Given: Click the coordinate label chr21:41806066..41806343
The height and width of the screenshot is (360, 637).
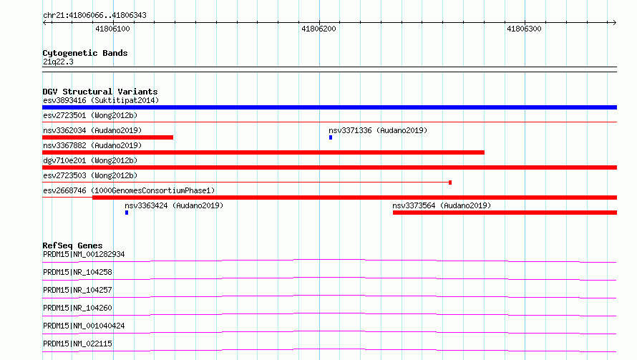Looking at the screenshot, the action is click(x=94, y=16).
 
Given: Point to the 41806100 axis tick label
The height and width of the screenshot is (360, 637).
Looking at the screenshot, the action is click(x=112, y=29).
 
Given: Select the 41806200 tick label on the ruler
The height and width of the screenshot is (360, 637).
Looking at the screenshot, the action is click(x=318, y=29).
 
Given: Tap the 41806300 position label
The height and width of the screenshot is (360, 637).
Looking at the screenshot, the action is click(x=524, y=29).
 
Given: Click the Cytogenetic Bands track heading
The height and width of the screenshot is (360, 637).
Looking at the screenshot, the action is click(x=85, y=53).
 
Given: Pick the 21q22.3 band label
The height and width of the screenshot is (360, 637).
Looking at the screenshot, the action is click(x=58, y=62).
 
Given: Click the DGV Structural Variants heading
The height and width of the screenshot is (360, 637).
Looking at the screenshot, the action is click(x=100, y=92).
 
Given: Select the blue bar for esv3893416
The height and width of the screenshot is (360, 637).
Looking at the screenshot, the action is click(x=329, y=107).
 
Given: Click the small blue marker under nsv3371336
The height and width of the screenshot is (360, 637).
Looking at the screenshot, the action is click(x=331, y=137).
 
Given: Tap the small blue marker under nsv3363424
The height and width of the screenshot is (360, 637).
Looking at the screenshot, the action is click(x=127, y=213).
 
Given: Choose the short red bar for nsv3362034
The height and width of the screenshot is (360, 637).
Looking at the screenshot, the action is click(x=107, y=137).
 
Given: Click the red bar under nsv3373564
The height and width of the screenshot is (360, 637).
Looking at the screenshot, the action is click(x=505, y=213).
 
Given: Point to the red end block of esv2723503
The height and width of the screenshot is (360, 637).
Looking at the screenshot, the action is click(x=450, y=183).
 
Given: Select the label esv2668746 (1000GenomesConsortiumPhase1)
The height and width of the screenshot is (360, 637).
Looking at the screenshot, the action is click(x=129, y=190).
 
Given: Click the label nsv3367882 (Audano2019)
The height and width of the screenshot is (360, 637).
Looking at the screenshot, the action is click(x=92, y=145).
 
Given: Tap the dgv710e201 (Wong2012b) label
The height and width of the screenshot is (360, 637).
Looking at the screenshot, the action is click(x=90, y=160).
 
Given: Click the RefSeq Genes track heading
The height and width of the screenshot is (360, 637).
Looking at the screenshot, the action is click(x=72, y=245).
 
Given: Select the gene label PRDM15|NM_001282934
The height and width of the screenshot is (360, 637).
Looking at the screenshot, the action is click(x=84, y=254).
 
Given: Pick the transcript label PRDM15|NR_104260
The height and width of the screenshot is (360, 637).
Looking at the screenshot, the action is click(x=77, y=308).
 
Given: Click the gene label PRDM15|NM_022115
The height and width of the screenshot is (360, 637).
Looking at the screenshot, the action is click(x=77, y=344).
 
